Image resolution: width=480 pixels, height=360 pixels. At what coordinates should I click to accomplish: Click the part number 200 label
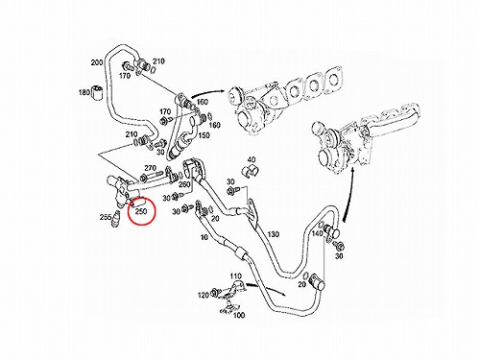(97, 62)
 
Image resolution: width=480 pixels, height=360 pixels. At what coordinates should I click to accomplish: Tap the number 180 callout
(84, 92)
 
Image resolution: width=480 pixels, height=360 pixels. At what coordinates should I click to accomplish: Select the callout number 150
(204, 135)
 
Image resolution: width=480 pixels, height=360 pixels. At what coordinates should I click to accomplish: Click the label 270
(150, 168)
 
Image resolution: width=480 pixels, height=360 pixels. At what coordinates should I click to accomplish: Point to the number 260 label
(184, 184)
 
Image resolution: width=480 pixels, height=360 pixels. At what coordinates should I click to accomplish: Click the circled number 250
(141, 211)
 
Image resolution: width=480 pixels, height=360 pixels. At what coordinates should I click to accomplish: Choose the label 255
(106, 217)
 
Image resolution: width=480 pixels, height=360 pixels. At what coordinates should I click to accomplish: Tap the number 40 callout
(252, 159)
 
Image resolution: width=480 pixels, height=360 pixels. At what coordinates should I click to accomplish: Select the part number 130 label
(273, 234)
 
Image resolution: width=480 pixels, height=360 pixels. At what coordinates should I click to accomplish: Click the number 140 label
(317, 233)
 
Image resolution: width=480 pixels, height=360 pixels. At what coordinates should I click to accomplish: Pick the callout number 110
(236, 276)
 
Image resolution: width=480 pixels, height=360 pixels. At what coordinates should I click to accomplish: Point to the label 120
(204, 295)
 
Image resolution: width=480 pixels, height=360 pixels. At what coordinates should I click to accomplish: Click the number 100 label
(239, 315)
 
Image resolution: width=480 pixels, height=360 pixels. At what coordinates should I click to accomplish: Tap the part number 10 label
(204, 237)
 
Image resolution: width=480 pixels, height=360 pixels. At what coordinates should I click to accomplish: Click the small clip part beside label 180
(96, 92)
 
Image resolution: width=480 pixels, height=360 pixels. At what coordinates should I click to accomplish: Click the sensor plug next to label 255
(116, 220)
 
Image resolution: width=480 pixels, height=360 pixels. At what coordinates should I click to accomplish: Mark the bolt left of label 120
(214, 293)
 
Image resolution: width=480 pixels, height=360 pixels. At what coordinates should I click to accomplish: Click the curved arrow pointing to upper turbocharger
(207, 92)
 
